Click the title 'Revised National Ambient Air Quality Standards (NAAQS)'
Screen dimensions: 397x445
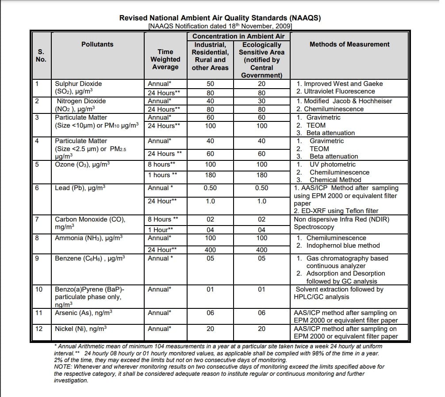[220, 18]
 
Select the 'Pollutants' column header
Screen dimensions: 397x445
[97, 44]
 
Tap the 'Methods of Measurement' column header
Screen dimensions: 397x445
[349, 44]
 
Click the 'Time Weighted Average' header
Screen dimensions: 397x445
[165, 59]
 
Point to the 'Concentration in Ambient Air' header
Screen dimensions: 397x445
[238, 36]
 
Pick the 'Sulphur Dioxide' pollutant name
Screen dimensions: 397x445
[78, 84]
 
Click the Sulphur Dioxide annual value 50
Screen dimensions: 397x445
[210, 84]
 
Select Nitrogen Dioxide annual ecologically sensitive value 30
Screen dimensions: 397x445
[261, 101]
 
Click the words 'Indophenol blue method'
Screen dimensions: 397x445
[343, 245]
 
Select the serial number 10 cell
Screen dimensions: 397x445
[39, 289]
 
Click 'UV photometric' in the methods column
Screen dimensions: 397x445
[332, 164]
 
